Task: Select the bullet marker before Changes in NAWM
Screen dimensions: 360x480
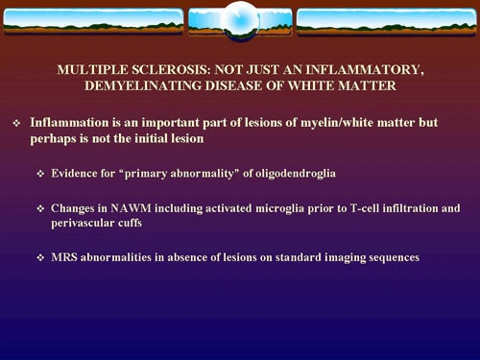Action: point(41,208)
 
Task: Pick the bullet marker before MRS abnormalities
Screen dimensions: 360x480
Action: point(41,258)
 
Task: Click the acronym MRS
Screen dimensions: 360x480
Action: point(63,257)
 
